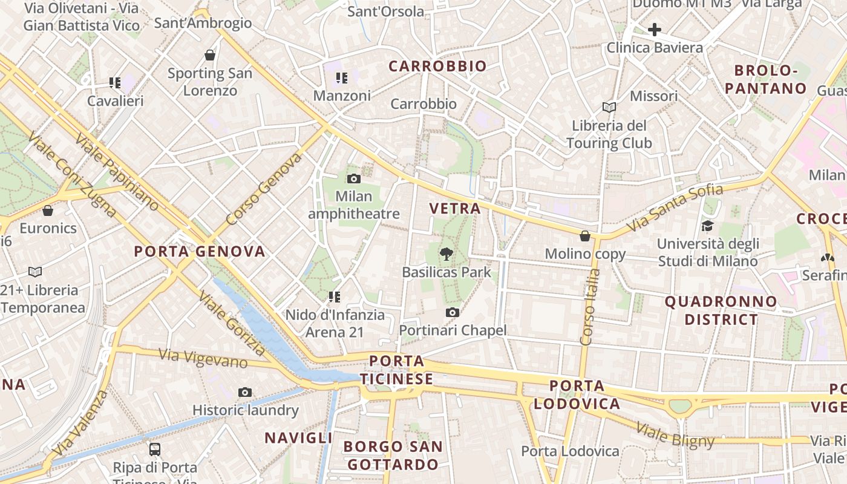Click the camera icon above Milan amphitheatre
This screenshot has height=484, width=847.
pyautogui.click(x=354, y=178)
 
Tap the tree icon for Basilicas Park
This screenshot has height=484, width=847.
pyautogui.click(x=446, y=254)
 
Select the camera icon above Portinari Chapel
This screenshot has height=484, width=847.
pyautogui.click(x=452, y=312)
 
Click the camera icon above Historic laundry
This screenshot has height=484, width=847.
pyautogui.click(x=244, y=392)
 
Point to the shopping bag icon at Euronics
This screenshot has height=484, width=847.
pyautogui.click(x=48, y=211)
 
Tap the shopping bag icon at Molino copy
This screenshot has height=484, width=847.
pyautogui.click(x=585, y=235)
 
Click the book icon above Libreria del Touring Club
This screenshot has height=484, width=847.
pyautogui.click(x=609, y=107)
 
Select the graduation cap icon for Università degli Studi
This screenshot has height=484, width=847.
pyautogui.click(x=707, y=226)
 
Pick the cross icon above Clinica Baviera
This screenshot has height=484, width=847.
pyautogui.click(x=655, y=29)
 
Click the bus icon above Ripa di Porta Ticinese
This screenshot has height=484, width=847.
pyautogui.click(x=155, y=449)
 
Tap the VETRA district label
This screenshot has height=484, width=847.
pyautogui.click(x=455, y=209)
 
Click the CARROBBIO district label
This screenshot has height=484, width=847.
pyautogui.click(x=437, y=67)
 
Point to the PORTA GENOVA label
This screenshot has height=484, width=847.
pyautogui.click(x=200, y=252)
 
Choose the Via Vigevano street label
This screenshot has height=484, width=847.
pyautogui.click(x=203, y=358)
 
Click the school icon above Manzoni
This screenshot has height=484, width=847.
pyautogui.click(x=342, y=78)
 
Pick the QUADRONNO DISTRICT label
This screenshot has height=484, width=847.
pyautogui.click(x=721, y=310)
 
